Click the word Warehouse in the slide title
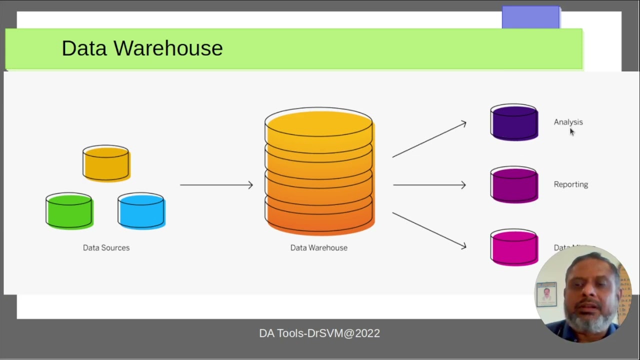click(x=168, y=48)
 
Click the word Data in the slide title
click(x=84, y=48)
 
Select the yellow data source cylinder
click(x=106, y=163)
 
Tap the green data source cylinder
click(x=69, y=210)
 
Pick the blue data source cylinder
click(x=141, y=210)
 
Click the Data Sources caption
click(x=106, y=247)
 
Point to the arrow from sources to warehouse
click(x=216, y=185)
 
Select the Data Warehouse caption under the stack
click(x=318, y=247)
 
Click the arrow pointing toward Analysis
click(x=429, y=139)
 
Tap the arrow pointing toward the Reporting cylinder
click(x=429, y=185)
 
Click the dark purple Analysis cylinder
click(x=514, y=122)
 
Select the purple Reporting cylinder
click(x=514, y=185)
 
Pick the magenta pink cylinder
click(x=514, y=247)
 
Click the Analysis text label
click(x=568, y=122)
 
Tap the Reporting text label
click(x=570, y=184)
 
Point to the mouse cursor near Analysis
click(x=572, y=131)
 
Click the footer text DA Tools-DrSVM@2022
click(x=319, y=333)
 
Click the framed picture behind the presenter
click(x=546, y=294)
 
